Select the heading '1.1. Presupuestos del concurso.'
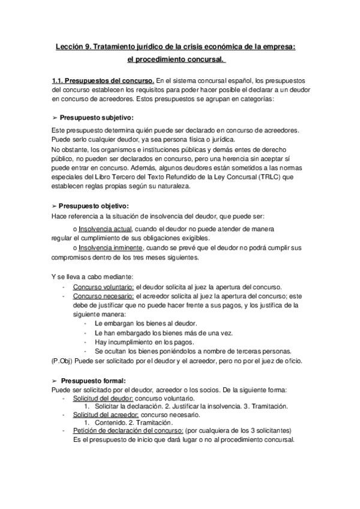click(104, 80)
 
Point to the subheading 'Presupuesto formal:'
click(92, 381)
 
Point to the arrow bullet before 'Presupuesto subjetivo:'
click(55, 118)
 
